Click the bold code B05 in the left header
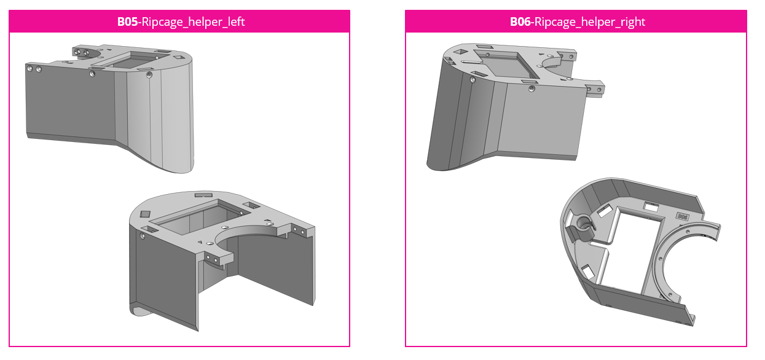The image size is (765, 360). [128, 22]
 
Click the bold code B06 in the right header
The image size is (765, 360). [520, 22]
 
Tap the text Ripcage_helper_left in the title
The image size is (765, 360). [193, 22]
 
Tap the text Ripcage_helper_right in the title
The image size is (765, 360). [590, 22]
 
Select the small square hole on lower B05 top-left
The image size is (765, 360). [145, 213]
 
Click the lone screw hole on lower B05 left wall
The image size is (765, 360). [143, 235]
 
